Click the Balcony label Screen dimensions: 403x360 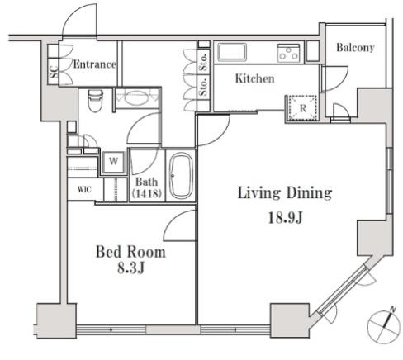[x=355, y=48]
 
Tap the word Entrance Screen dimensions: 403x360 [x=95, y=64]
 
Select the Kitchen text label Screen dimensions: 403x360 [x=254, y=78]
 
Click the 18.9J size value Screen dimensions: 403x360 [x=286, y=218]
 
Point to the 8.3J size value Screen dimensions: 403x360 [x=131, y=268]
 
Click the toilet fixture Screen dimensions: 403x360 [x=95, y=101]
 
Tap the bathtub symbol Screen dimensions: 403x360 [x=181, y=175]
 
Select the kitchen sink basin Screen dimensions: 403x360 [x=231, y=52]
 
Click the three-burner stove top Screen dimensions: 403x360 [x=288, y=53]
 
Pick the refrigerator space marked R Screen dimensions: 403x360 [x=302, y=108]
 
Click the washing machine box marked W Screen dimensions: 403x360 [x=114, y=161]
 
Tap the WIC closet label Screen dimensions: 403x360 [x=84, y=189]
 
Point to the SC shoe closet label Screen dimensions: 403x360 [x=54, y=72]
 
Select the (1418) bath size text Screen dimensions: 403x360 [x=146, y=193]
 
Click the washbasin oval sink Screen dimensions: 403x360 [x=137, y=98]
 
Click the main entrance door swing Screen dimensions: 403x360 [x=80, y=21]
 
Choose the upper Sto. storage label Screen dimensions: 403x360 [x=203, y=63]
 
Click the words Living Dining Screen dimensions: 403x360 [x=285, y=192]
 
